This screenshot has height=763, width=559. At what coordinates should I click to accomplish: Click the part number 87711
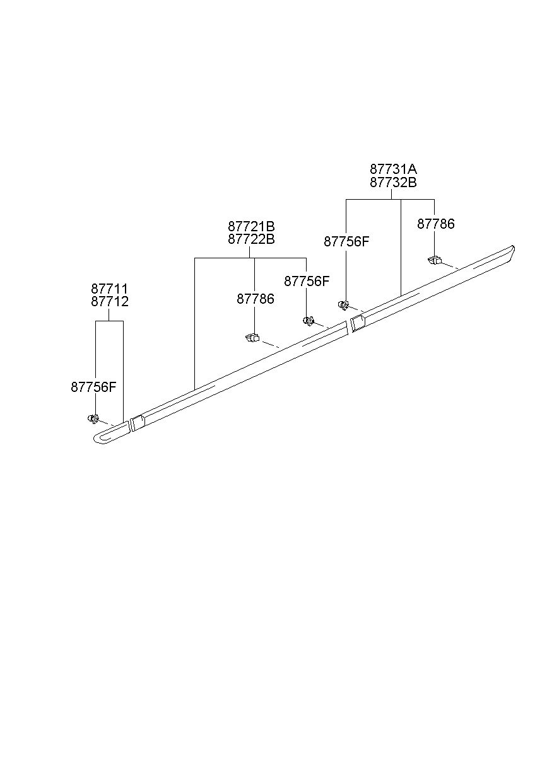110,289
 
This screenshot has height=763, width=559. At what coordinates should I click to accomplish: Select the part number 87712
110,302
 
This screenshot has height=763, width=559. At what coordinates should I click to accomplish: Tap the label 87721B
251,226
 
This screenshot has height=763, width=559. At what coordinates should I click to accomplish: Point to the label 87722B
251,239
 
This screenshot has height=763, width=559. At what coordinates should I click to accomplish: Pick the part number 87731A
393,169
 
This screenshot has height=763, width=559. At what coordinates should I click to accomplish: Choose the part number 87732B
393,183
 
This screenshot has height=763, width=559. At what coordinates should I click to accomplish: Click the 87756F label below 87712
94,387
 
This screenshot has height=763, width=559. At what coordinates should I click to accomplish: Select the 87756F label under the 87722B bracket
307,282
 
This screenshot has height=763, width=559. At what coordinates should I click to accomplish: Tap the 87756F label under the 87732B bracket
346,242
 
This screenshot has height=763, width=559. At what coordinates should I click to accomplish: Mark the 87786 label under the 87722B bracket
256,299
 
